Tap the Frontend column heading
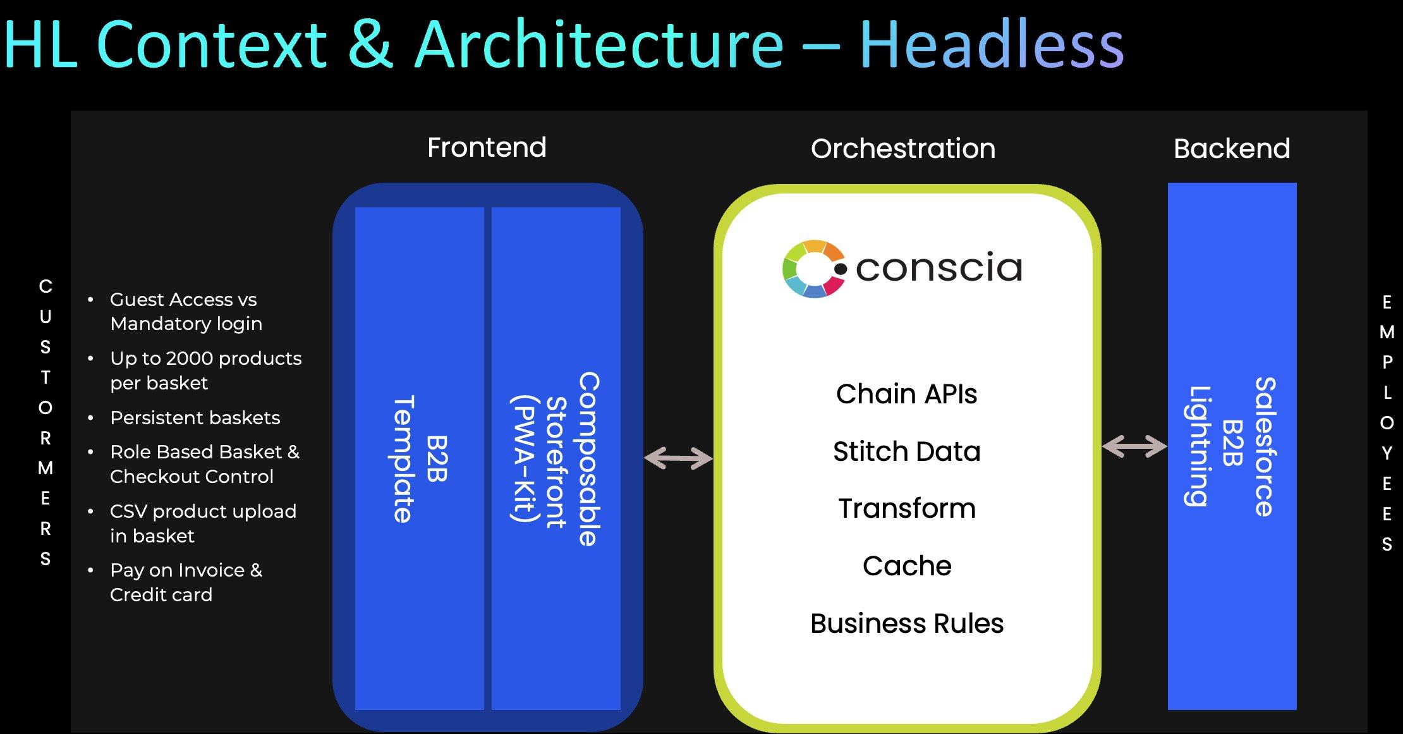tap(487, 148)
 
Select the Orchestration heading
tap(902, 149)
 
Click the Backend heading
tap(1231, 149)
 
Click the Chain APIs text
tap(906, 394)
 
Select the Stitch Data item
tap(906, 451)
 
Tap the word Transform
tap(906, 509)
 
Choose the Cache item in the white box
tap(906, 566)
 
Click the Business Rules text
tap(906, 624)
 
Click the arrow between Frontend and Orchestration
tap(677, 458)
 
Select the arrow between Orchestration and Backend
tap(1134, 446)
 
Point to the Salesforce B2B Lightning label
tap(1231, 446)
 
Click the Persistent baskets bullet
tap(195, 418)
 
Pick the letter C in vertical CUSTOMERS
tap(46, 286)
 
